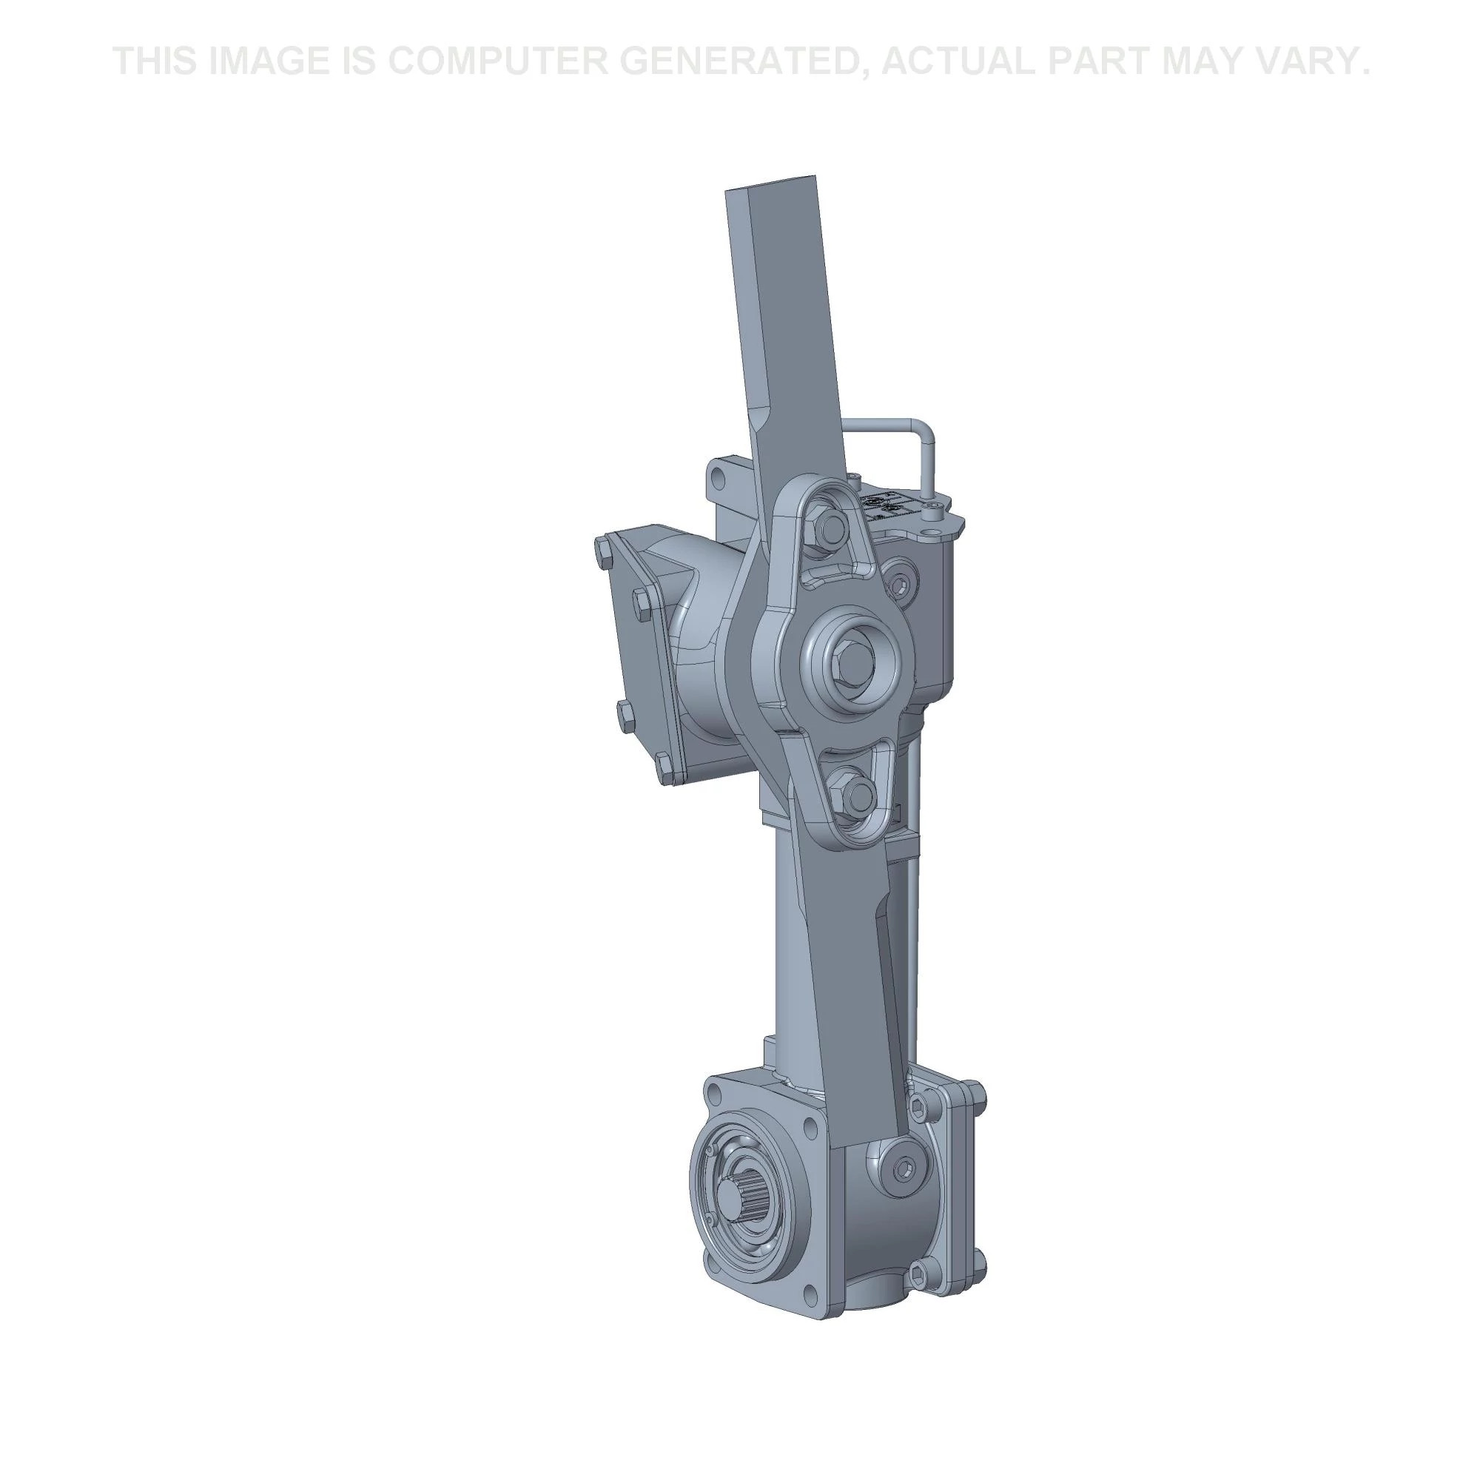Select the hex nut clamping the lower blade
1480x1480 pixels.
coord(855,794)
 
